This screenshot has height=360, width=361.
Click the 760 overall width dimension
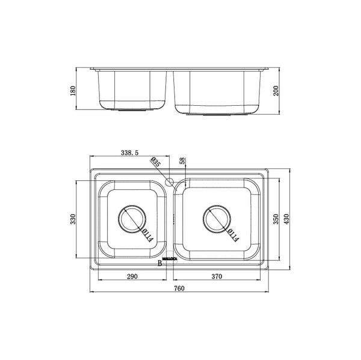(179, 288)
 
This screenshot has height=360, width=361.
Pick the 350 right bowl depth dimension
(276, 220)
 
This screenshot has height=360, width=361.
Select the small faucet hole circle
(169, 182)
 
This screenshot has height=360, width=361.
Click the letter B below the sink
(159, 263)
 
